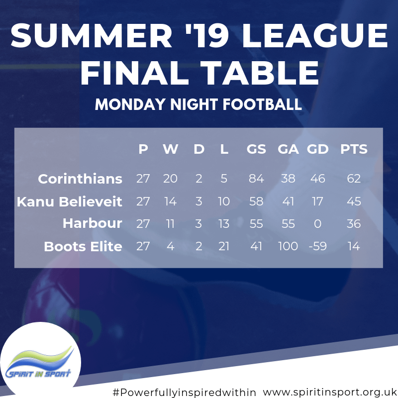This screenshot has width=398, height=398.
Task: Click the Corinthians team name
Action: pos(80,179)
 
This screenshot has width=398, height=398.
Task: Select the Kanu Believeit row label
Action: pos(69,201)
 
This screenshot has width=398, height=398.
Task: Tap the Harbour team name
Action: pos(93,223)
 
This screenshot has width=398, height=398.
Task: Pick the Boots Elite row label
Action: pos(83,246)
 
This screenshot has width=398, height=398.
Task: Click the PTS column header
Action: pos(354,149)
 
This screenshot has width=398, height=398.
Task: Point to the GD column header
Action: pos(317,149)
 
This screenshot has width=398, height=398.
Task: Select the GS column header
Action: pos(256,149)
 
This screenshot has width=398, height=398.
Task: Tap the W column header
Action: pos(170,149)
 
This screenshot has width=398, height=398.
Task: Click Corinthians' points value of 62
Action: pos(354,179)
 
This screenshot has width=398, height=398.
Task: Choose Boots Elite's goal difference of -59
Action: pos(317,246)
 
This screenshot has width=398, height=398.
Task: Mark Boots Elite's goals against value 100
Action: pos(288,246)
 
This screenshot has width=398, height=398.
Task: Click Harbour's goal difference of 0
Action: pos(317,223)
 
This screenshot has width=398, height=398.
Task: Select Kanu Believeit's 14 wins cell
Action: pos(170,201)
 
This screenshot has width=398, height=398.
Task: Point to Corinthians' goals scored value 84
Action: pos(256,179)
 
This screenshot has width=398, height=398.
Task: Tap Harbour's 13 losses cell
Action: pos(224,223)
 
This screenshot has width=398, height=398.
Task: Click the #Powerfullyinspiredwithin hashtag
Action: pos(184,392)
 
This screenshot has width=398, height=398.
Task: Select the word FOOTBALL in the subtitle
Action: pos(262,104)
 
